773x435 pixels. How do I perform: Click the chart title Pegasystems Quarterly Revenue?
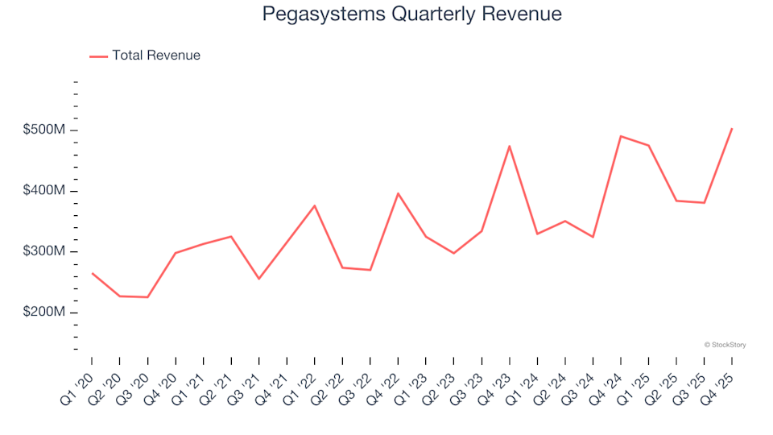coord(411,14)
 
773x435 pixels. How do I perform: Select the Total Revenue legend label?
coord(156,56)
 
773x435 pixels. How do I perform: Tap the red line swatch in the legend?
coord(98,56)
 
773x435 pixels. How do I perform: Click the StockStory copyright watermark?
coord(725,345)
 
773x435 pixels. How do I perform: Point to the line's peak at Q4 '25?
coord(732,128)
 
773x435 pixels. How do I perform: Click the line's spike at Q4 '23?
coord(510,146)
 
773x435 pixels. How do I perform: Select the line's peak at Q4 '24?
coord(621,136)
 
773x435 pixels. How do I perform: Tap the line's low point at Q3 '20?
coord(147,297)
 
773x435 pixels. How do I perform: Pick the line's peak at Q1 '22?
coord(315,205)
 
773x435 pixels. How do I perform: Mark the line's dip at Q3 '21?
coord(258,279)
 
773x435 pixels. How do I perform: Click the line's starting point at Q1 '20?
coord(92,273)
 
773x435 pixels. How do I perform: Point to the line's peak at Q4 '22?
coord(398,193)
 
